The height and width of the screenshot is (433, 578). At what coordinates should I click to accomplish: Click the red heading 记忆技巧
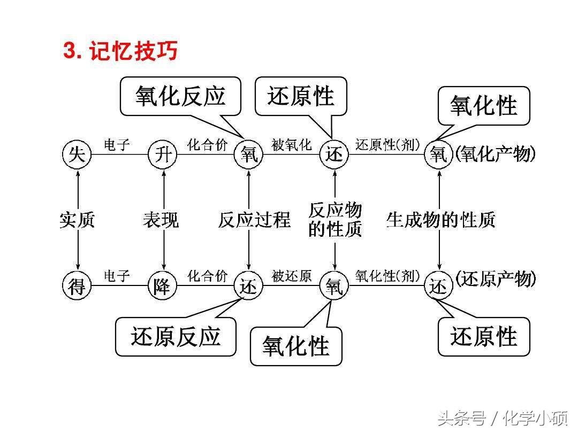click(x=133, y=50)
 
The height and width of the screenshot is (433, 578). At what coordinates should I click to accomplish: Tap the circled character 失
click(x=77, y=154)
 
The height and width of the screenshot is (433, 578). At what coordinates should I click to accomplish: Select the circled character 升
click(x=163, y=154)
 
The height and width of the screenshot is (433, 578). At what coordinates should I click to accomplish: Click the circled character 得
click(x=77, y=285)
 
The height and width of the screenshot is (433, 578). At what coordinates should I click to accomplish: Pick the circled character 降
click(x=163, y=285)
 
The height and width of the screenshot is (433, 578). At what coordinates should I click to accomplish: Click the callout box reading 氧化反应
click(x=181, y=96)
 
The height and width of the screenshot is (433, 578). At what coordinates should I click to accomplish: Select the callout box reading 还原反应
click(x=176, y=337)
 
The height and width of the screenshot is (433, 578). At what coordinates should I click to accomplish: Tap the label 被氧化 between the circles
click(x=292, y=145)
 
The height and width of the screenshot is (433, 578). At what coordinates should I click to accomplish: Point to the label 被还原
click(x=292, y=276)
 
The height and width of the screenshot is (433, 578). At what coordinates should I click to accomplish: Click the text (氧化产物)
click(x=495, y=153)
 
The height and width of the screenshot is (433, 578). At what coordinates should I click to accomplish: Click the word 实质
click(x=78, y=220)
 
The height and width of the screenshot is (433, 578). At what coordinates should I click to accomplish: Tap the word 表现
click(x=161, y=220)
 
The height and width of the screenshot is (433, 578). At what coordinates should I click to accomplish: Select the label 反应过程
click(x=254, y=220)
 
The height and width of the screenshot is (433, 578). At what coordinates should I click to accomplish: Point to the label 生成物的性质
click(x=440, y=220)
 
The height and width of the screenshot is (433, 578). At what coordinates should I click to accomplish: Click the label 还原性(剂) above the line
click(x=387, y=145)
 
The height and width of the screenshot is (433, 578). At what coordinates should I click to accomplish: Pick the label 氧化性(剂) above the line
click(x=387, y=276)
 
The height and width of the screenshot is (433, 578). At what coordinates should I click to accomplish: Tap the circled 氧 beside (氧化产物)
click(x=439, y=154)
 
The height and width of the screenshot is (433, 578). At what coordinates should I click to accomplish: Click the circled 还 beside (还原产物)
click(x=439, y=285)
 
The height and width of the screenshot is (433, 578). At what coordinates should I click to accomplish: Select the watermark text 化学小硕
click(x=536, y=419)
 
